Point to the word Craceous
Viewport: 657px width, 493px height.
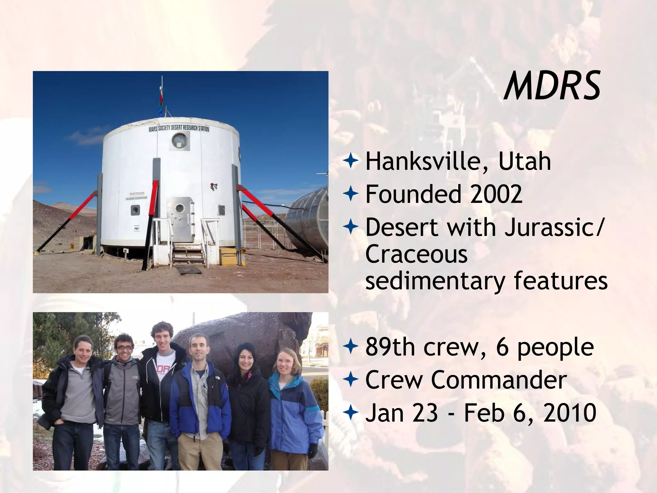(x=416, y=254)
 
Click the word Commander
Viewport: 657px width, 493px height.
(x=499, y=380)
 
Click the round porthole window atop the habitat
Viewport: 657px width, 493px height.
(x=179, y=140)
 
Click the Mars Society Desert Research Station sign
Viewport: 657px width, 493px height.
(x=179, y=128)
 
